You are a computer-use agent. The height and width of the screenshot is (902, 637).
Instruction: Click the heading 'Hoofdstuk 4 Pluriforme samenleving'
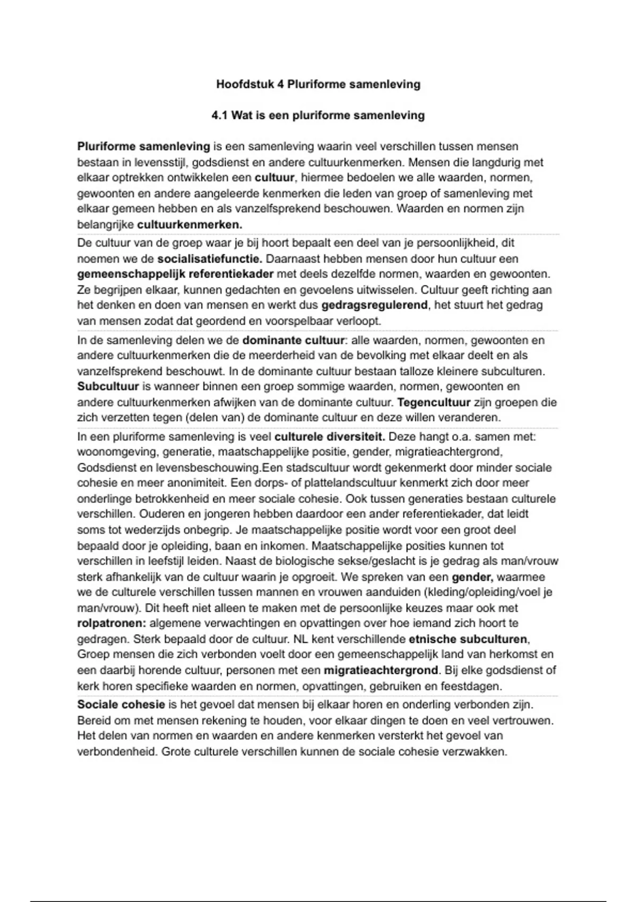pyautogui.click(x=318, y=84)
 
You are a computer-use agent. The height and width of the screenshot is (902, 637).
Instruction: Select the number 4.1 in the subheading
pyautogui.click(x=219, y=115)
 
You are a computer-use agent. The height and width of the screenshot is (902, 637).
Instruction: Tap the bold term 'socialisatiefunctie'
pyautogui.click(x=209, y=259)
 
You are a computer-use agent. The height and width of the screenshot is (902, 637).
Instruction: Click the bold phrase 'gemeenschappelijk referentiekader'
pyautogui.click(x=175, y=274)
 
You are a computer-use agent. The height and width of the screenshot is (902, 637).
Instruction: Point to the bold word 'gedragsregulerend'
pyautogui.click(x=374, y=305)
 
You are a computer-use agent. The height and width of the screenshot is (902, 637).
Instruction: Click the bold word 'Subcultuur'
pyautogui.click(x=108, y=386)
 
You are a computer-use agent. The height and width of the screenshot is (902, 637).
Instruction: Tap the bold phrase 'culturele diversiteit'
pyautogui.click(x=329, y=437)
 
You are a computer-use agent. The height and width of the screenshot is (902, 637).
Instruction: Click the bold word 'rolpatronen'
pyautogui.click(x=111, y=623)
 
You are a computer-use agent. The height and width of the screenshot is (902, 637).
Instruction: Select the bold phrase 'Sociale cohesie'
pyautogui.click(x=121, y=705)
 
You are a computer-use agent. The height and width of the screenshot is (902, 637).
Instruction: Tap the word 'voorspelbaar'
pyautogui.click(x=308, y=321)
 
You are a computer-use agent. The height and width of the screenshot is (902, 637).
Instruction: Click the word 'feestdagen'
pyautogui.click(x=471, y=686)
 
